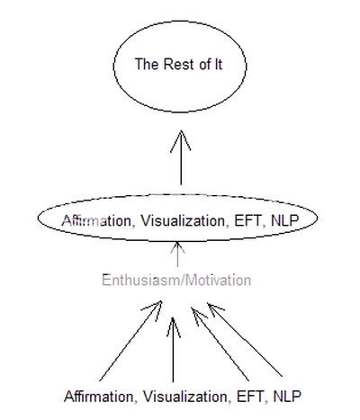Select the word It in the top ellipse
218,64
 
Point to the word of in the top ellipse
204,64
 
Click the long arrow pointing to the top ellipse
181,157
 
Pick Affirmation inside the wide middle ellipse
96,221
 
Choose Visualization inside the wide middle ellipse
183,221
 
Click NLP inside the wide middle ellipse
285,221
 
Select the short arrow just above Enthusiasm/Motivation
177,255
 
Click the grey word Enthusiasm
139,281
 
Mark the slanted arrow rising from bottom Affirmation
130,341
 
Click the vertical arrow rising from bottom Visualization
173,350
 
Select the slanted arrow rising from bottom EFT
220,344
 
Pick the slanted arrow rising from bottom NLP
245,340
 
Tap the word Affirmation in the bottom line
98,397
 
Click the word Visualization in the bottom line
185,397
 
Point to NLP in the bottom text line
287,397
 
